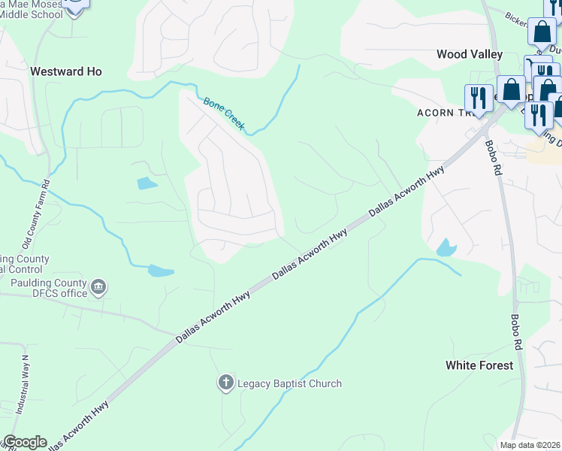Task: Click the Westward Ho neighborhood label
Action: point(65,71)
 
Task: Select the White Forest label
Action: point(479,365)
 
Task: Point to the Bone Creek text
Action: point(224,114)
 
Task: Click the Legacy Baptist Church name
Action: point(289,383)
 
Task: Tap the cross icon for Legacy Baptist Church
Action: point(225,383)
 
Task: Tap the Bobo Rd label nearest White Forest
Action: point(516,331)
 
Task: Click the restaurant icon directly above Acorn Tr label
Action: point(478,97)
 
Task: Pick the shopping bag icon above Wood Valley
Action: point(542,32)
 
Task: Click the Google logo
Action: point(24,442)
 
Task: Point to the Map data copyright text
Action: point(530,445)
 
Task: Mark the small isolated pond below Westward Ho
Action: point(147,183)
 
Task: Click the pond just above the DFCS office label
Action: point(161,271)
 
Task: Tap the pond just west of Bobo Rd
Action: point(446,247)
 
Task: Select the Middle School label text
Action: point(30,14)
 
